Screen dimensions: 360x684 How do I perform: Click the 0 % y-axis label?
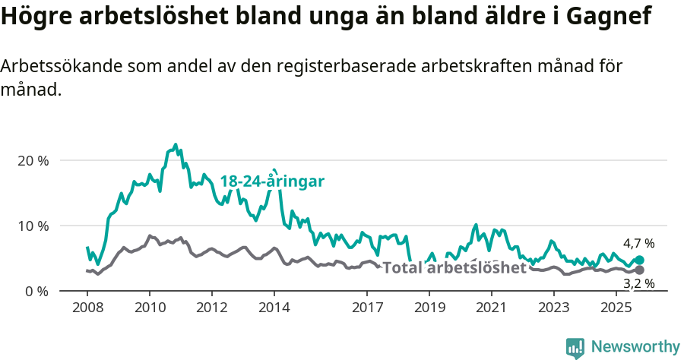pos(37,292)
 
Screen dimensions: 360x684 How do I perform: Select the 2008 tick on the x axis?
pos(87,308)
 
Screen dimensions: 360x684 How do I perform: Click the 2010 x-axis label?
pos(150,308)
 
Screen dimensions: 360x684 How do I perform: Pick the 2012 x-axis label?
pos(211,308)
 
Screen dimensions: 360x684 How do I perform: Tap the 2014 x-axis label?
pos(274,308)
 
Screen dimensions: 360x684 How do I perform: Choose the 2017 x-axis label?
pos(367,308)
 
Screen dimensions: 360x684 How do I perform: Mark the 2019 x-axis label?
pos(429,308)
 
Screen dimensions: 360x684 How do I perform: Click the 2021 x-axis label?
pos(492,308)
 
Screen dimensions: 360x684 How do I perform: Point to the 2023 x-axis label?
pos(554,308)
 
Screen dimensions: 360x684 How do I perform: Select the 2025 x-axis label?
pos(616,308)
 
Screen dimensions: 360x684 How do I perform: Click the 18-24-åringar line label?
pos(272,182)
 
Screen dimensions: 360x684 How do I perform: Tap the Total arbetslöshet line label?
pos(454,268)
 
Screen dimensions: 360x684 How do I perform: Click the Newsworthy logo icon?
pos(575,347)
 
